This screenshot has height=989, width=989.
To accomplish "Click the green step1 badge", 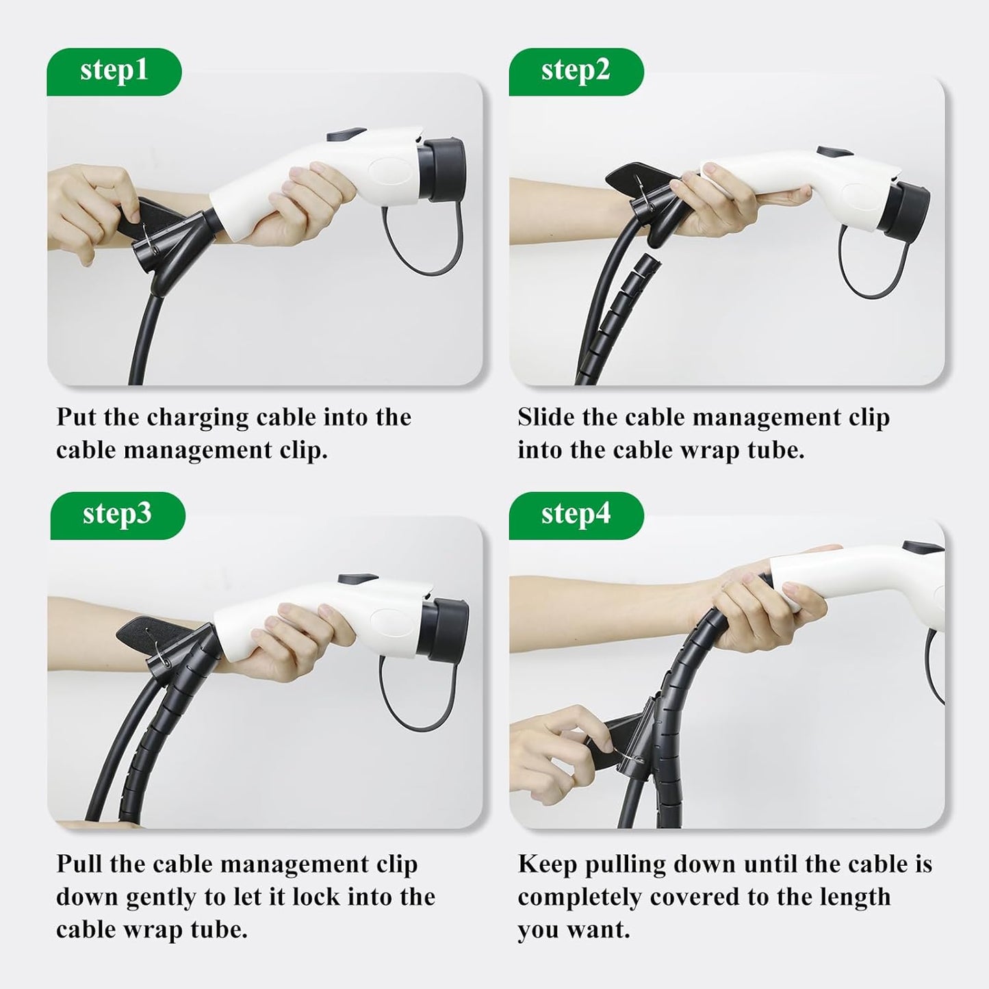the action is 114,72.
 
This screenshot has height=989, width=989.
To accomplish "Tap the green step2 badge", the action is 576,72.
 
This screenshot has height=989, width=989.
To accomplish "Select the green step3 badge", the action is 118,515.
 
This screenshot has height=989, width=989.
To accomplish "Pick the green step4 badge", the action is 576,515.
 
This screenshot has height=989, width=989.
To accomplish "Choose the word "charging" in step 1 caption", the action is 198,418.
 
